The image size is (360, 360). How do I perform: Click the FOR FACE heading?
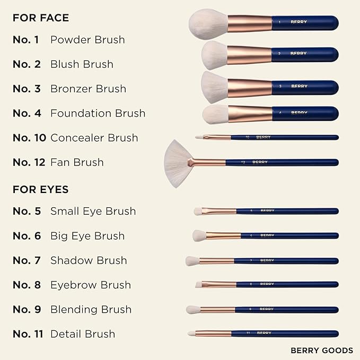point(41,17)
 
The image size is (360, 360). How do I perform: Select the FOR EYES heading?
point(41,189)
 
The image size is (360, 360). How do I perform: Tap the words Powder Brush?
point(87,40)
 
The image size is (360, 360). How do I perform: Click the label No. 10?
point(29,138)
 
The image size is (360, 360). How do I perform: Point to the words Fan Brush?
point(77,162)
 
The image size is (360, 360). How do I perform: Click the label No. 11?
point(28,334)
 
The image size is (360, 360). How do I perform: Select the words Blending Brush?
point(91,309)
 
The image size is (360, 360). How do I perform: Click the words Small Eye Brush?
point(93,211)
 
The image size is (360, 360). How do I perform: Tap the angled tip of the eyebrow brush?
point(198,285)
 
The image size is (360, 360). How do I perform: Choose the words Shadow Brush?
point(89,260)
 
